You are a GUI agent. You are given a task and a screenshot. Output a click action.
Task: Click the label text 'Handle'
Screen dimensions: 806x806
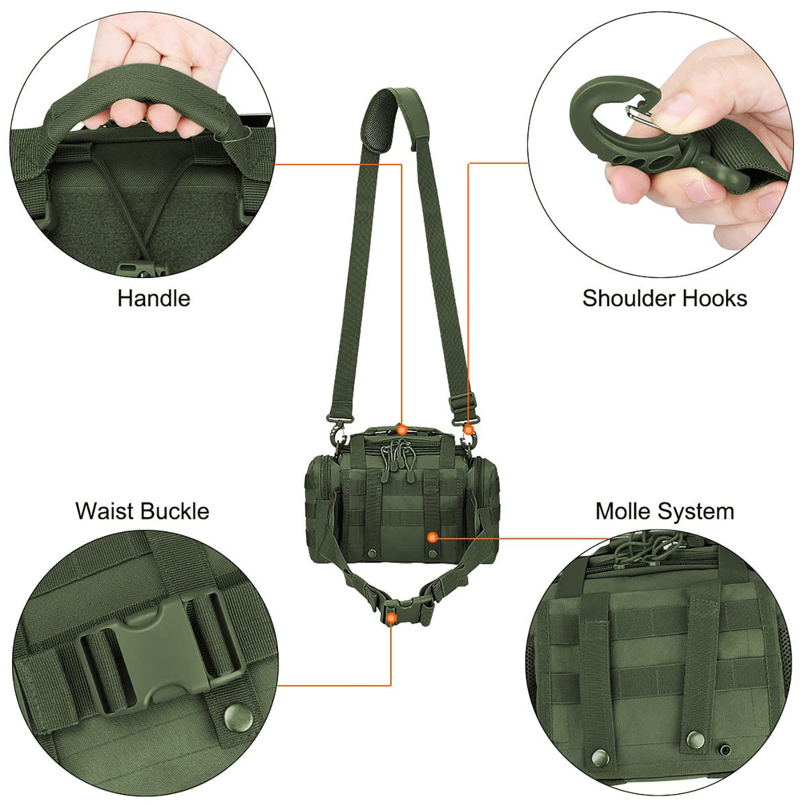(154, 298)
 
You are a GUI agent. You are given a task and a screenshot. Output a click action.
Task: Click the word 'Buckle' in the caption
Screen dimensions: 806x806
(176, 511)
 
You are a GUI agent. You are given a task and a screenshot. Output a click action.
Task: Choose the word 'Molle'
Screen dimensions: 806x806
(624, 512)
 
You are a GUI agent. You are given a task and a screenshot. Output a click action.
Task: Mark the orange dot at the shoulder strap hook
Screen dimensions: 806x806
(469, 429)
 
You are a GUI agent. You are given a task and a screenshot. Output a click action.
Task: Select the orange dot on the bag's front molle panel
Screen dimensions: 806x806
(433, 537)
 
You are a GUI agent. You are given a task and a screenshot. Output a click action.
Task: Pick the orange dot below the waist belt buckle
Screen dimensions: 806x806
(392, 617)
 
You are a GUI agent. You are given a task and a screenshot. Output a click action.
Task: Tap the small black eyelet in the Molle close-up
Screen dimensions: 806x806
(725, 748)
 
